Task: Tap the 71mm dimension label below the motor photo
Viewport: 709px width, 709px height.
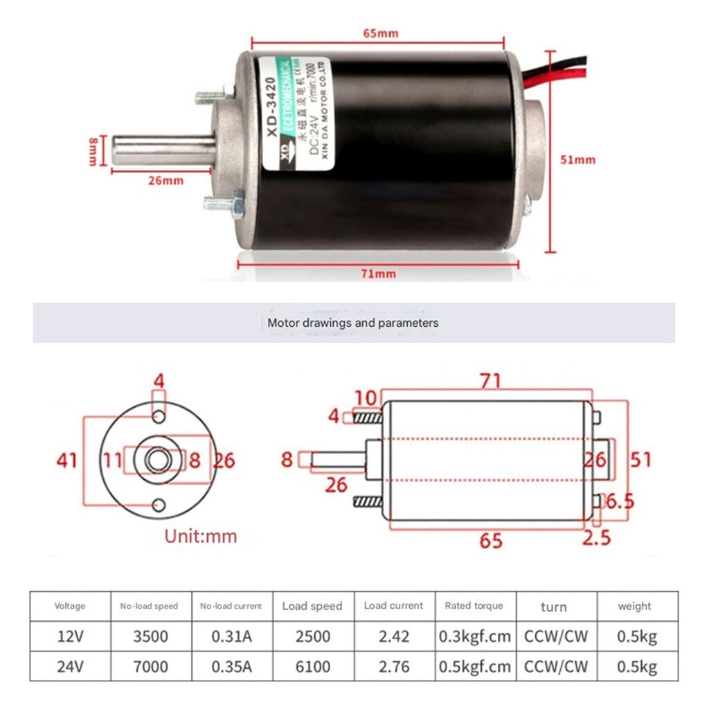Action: click(x=379, y=273)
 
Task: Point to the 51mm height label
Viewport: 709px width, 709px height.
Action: click(x=577, y=159)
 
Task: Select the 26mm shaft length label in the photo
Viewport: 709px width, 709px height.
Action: click(x=165, y=181)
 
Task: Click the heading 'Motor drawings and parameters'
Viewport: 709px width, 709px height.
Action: click(x=352, y=323)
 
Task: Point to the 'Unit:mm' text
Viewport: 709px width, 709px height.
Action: click(x=200, y=536)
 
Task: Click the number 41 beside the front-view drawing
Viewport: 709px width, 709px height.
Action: click(x=67, y=459)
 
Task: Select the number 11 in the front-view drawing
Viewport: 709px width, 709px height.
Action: click(x=114, y=459)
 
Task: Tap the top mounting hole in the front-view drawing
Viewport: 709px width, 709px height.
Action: click(x=159, y=415)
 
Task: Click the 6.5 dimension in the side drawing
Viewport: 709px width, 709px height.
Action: click(x=620, y=501)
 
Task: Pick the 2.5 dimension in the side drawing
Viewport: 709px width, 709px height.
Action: click(x=597, y=537)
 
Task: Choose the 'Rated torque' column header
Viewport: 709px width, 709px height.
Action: click(x=474, y=606)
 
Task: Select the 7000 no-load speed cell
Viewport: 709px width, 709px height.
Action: click(x=150, y=667)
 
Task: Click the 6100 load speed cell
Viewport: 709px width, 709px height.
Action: click(x=312, y=667)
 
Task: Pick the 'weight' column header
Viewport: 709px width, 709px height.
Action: click(x=634, y=606)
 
